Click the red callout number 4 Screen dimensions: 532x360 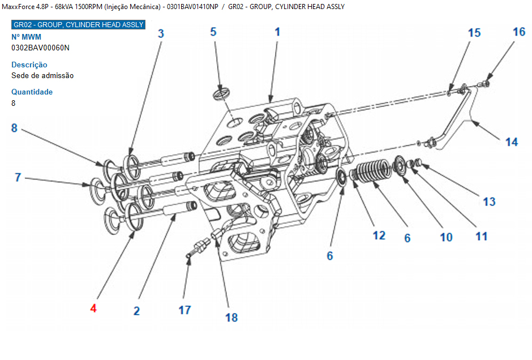point(93,308)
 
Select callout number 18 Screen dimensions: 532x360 point(231,318)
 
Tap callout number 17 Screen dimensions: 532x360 point(185,310)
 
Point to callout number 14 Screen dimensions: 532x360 point(512,142)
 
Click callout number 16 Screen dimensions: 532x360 point(519,32)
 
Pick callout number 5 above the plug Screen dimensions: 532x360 point(213,32)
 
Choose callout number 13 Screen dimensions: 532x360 point(489,202)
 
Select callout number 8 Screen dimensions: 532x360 point(14,128)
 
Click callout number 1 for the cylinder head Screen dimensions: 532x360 point(277,32)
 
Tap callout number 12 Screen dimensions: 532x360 point(379,235)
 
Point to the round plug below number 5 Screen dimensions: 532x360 point(221,94)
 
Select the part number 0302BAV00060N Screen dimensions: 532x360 point(40,48)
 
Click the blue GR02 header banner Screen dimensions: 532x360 point(78,24)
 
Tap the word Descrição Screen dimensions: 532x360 point(29,65)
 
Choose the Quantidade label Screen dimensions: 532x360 point(32,92)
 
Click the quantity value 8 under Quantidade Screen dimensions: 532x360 point(13,103)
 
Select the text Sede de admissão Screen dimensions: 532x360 point(42,75)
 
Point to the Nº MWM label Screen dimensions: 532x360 point(26,37)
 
